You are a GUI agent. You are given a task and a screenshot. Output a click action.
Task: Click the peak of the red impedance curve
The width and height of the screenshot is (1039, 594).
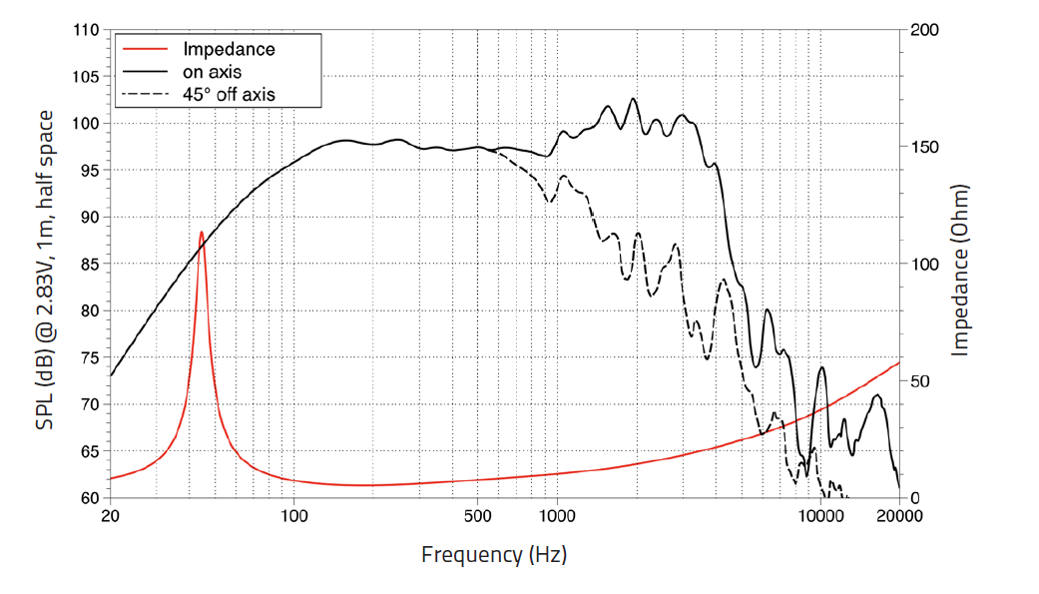point(202,233)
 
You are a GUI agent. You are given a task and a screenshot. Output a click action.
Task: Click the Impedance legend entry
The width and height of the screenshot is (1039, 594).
point(228,49)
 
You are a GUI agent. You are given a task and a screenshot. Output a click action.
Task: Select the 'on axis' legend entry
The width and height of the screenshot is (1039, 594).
point(212,72)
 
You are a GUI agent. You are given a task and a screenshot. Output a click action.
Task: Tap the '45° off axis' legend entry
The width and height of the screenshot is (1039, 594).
point(228,95)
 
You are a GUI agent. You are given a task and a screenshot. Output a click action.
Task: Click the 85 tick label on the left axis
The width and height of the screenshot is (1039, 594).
point(89,265)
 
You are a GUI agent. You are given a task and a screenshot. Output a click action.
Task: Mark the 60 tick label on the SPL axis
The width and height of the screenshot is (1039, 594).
point(89,498)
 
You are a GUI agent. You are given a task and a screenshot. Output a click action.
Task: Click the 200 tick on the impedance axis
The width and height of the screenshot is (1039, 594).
point(924,30)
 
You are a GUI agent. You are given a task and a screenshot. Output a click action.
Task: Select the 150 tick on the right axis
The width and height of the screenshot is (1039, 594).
point(924,147)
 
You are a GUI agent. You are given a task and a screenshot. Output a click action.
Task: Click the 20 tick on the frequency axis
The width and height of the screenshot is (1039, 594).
point(111,516)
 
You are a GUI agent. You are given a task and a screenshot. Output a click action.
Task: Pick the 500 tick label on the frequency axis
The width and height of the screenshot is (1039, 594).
point(477,516)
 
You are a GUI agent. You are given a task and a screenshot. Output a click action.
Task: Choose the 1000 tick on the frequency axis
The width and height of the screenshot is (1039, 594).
point(557,516)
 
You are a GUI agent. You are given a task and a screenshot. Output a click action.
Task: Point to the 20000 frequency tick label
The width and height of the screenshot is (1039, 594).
point(898,516)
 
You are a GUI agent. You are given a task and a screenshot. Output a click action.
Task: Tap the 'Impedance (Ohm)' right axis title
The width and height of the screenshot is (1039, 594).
point(961,270)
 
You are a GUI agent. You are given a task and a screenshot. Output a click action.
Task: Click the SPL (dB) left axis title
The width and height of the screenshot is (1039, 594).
point(45,270)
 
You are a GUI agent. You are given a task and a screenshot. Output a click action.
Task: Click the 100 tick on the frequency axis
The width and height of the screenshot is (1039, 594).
point(294,516)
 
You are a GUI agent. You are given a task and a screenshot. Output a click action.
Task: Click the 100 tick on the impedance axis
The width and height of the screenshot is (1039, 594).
point(924,265)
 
